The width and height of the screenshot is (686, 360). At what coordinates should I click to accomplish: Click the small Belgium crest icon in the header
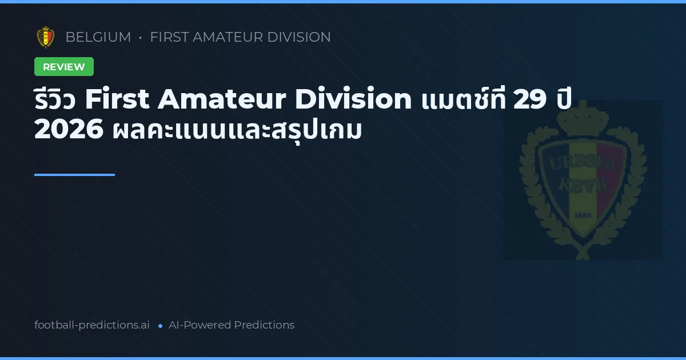tap(46, 37)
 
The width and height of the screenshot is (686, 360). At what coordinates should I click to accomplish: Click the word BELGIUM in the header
tap(98, 37)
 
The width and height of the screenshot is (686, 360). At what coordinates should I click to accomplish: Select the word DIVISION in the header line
tap(298, 37)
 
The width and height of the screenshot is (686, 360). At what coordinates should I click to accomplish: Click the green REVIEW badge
tap(64, 67)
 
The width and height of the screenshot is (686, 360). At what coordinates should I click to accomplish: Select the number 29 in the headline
tap(529, 100)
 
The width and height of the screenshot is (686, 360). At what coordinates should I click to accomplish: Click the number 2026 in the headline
tap(69, 130)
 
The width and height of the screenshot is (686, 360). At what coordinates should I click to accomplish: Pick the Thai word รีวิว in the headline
tap(55, 100)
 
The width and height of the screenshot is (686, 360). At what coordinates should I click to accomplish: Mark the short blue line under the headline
tap(74, 175)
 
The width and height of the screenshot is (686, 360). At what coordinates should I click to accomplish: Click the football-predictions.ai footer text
tap(92, 325)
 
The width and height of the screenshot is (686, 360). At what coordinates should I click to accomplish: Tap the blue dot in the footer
tap(161, 326)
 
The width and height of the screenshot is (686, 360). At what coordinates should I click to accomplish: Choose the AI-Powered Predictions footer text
tap(232, 325)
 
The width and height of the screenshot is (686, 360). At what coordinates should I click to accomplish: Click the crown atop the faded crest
tap(583, 118)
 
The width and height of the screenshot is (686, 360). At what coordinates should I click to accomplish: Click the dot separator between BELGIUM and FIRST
tap(140, 38)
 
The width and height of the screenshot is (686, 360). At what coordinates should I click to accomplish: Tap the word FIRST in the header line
tap(169, 37)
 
